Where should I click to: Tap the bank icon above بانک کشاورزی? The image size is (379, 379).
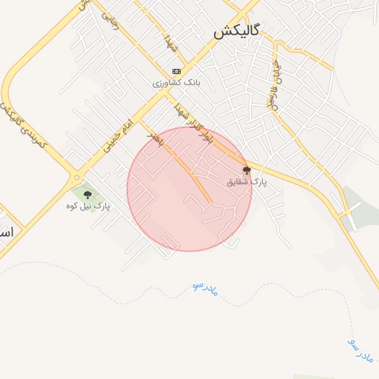(175, 72)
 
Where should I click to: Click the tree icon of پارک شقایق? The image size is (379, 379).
(246, 170)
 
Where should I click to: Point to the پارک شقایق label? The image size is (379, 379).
(247, 181)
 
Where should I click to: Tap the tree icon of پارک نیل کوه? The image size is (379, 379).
(87, 195)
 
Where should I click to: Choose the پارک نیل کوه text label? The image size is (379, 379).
(87, 206)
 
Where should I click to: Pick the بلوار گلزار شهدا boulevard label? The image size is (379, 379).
(194, 122)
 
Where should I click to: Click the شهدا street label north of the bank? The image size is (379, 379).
(172, 42)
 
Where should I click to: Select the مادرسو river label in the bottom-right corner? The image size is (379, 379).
(360, 349)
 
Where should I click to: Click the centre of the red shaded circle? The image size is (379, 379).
(189, 189)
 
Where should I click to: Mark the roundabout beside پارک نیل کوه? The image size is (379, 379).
(76, 177)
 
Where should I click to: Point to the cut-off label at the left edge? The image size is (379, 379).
(7, 232)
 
